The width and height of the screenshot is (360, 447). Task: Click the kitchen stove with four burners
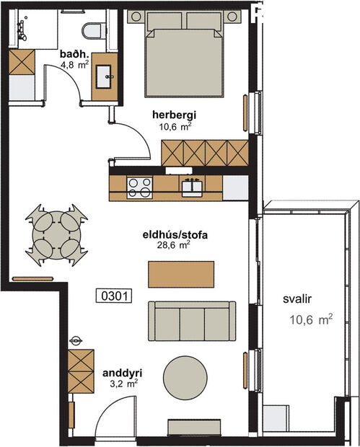[139, 188]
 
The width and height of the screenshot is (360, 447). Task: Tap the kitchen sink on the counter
[191, 187]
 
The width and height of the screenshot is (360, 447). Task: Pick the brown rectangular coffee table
[181, 273]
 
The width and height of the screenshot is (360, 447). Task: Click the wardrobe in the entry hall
[81, 371]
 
